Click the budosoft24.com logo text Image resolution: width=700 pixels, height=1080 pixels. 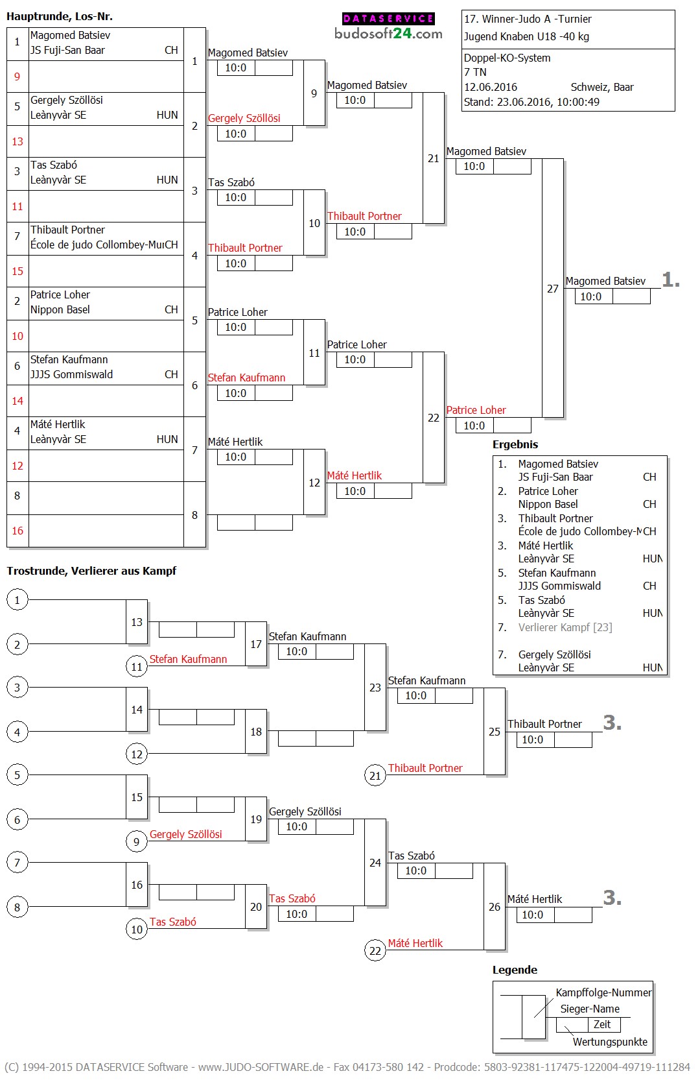(x=388, y=34)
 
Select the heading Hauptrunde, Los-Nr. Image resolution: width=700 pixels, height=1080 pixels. (x=60, y=16)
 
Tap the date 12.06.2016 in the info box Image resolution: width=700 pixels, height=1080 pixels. (x=490, y=87)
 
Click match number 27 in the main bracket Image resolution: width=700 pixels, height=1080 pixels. (x=552, y=289)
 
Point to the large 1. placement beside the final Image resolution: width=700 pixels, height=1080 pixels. (x=671, y=280)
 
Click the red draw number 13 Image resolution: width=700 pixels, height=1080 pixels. (x=17, y=141)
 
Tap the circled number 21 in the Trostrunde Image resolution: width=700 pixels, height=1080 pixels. (x=375, y=775)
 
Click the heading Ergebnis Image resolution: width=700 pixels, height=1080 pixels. (x=515, y=444)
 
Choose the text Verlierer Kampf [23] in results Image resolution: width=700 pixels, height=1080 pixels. (x=565, y=627)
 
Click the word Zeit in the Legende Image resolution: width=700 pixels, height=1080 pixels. (x=602, y=1024)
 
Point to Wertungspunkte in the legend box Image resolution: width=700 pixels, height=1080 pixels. (x=610, y=1042)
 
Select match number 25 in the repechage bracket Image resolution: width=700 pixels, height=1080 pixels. (x=495, y=732)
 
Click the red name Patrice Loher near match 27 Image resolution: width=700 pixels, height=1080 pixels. (x=476, y=410)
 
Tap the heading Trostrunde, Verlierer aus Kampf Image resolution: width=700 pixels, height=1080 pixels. (x=91, y=571)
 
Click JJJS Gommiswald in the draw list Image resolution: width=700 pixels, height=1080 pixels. (x=72, y=374)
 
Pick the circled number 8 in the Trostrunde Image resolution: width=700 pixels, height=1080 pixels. (x=17, y=907)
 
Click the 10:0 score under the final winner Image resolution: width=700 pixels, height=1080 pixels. (x=590, y=296)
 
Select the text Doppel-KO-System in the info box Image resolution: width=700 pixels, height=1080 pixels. (x=507, y=58)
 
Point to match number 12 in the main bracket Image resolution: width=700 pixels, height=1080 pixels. (x=314, y=483)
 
